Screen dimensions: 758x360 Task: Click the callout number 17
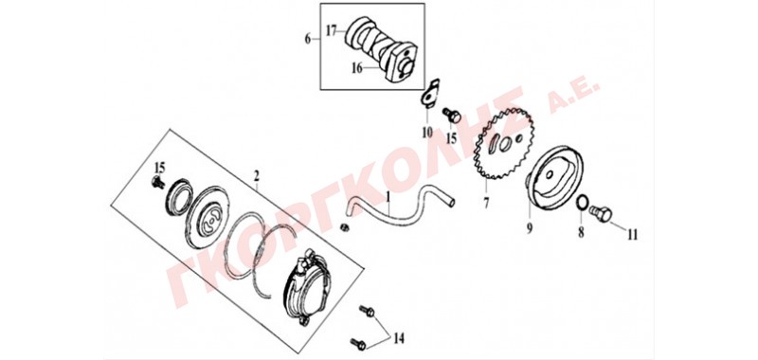coord(331,31)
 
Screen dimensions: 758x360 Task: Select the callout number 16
coord(357,68)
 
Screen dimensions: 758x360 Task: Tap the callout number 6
coord(308,39)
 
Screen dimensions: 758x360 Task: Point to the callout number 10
coord(427,132)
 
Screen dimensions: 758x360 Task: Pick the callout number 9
coord(530,227)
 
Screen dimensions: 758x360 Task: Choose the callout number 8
coord(581,232)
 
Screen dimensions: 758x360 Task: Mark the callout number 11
coord(632,235)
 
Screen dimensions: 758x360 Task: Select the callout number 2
coord(257,175)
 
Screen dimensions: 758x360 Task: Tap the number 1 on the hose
coord(388,197)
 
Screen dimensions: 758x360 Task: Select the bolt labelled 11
coord(601,212)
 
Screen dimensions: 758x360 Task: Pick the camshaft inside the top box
coord(381,50)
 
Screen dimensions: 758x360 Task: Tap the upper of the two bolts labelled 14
coord(367,310)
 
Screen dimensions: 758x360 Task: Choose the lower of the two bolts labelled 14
coord(358,344)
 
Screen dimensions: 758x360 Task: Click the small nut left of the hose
coord(345,226)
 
